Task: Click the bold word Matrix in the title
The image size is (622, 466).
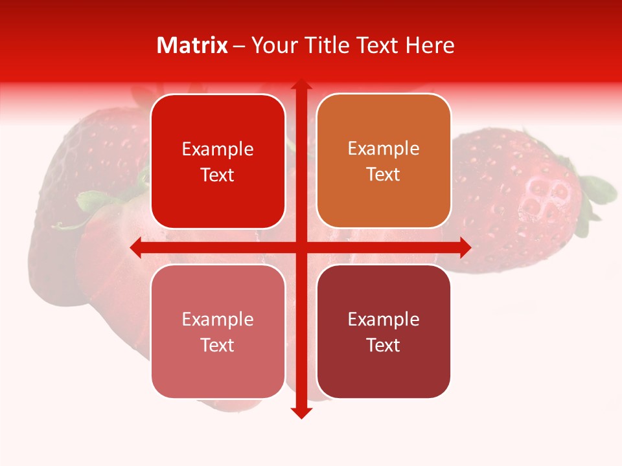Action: pyautogui.click(x=192, y=45)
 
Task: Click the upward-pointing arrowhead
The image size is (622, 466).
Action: pyautogui.click(x=301, y=86)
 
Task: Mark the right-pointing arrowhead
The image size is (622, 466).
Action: pyautogui.click(x=465, y=247)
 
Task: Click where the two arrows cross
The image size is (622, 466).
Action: pyautogui.click(x=301, y=247)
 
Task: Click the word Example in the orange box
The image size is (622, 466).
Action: pyautogui.click(x=384, y=149)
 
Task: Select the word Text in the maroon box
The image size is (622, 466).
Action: pyautogui.click(x=384, y=346)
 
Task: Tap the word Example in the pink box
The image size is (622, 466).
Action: pyautogui.click(x=218, y=320)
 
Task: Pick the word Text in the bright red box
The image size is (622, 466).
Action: pyautogui.click(x=218, y=175)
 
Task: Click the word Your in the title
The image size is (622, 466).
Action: pyautogui.click(x=273, y=45)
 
